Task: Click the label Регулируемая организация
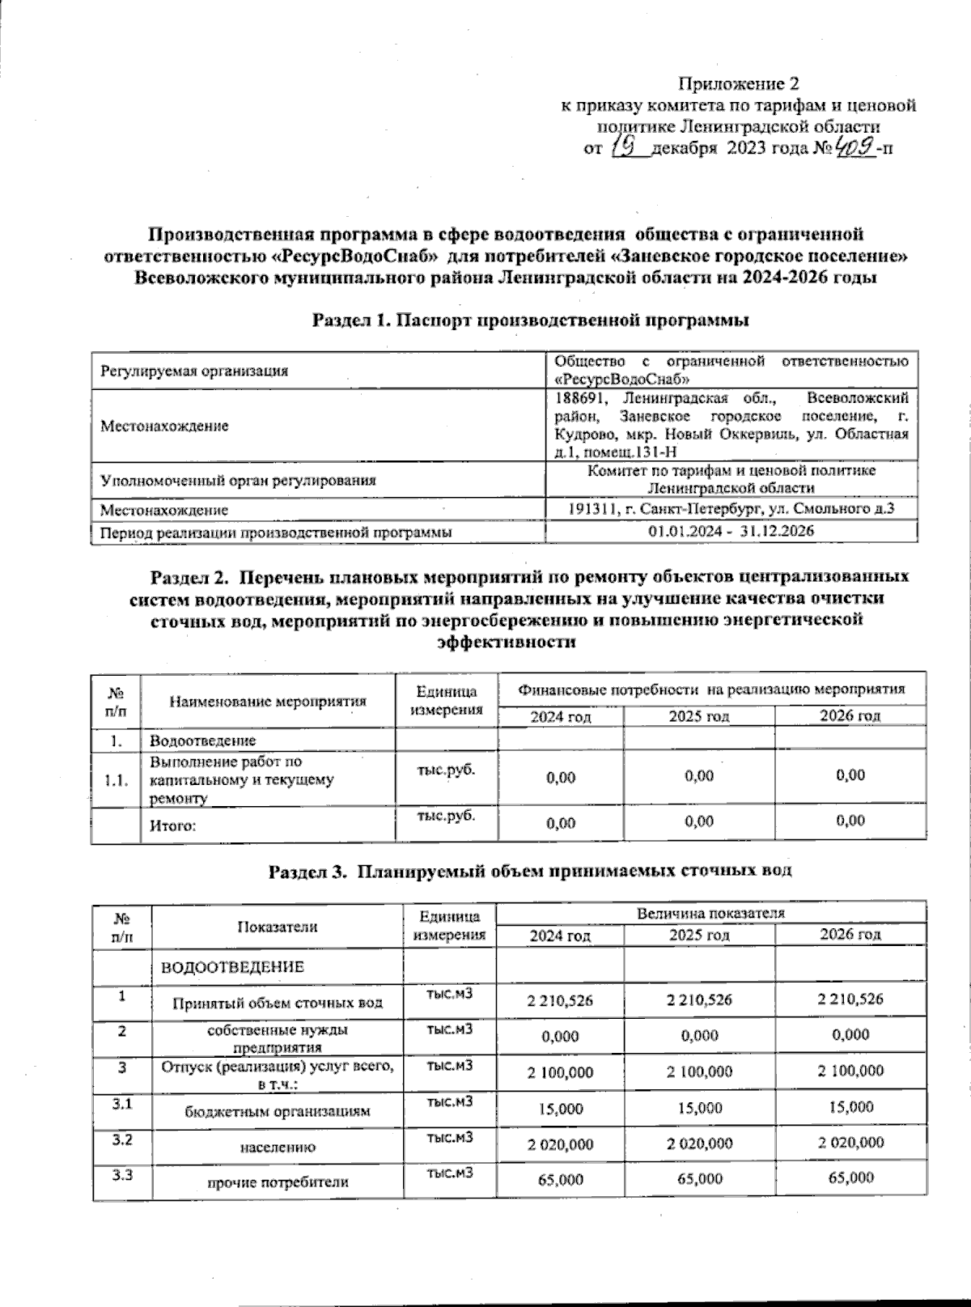(194, 371)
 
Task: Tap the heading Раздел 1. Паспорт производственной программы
(531, 320)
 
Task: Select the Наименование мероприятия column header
(268, 702)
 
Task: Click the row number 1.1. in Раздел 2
(117, 781)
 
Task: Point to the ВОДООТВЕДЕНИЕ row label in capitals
(233, 967)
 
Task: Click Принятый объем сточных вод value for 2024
(560, 1000)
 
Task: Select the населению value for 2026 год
(850, 1143)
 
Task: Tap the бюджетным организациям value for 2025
(699, 1107)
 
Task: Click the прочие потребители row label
(278, 1182)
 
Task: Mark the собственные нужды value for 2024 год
(560, 1035)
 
